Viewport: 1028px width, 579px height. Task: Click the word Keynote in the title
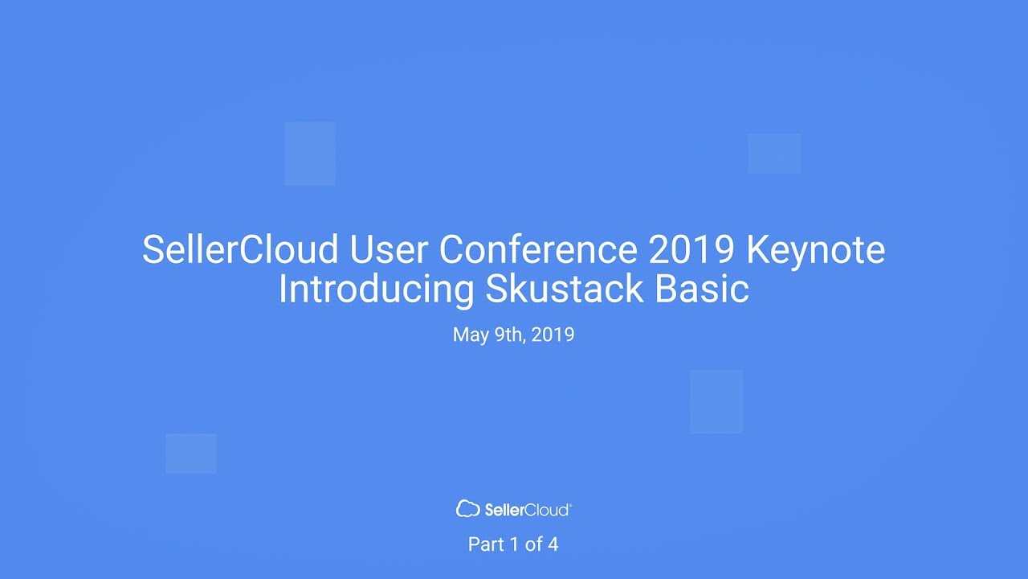pyautogui.click(x=815, y=251)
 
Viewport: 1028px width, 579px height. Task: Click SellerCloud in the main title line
pyautogui.click(x=241, y=251)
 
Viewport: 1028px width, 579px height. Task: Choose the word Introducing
pyautogui.click(x=376, y=289)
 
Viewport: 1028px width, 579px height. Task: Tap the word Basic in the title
pyautogui.click(x=702, y=289)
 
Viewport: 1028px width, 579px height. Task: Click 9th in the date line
pyautogui.click(x=508, y=335)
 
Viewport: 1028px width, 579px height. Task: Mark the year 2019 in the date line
pyautogui.click(x=553, y=335)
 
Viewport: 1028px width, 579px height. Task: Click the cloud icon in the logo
pyautogui.click(x=467, y=508)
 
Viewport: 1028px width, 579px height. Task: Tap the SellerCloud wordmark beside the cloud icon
pyautogui.click(x=528, y=509)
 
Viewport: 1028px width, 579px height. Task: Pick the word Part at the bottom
pyautogui.click(x=486, y=544)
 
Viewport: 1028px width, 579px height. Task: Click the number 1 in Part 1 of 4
pyautogui.click(x=514, y=544)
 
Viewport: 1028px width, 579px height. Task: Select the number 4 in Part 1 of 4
pyautogui.click(x=553, y=544)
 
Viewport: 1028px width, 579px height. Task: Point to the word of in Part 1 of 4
pyautogui.click(x=533, y=544)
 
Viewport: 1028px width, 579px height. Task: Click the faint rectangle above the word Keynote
pyautogui.click(x=774, y=154)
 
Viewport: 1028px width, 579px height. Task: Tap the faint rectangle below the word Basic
pyautogui.click(x=716, y=401)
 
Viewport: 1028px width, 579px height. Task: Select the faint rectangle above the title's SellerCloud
pyautogui.click(x=310, y=154)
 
